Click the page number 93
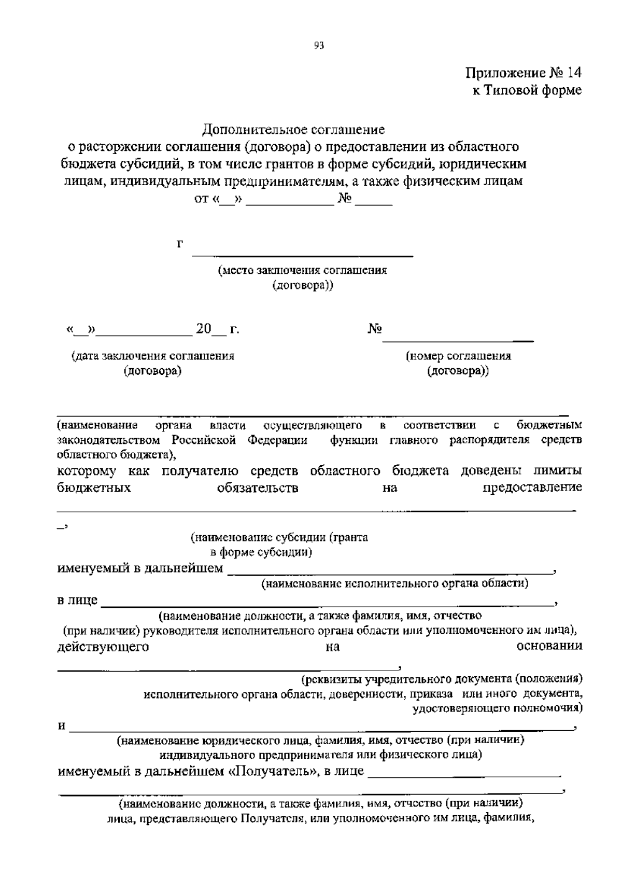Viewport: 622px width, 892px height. click(x=319, y=46)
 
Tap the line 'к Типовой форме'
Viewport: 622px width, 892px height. click(x=526, y=90)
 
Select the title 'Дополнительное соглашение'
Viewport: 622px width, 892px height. click(x=293, y=129)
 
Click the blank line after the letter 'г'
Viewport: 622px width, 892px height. click(x=302, y=254)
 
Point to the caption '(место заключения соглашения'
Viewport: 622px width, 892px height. click(x=302, y=270)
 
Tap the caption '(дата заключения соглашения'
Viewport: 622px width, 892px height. click(x=152, y=356)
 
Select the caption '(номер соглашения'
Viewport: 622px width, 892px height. click(x=458, y=356)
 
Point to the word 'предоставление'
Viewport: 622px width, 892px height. click(x=532, y=487)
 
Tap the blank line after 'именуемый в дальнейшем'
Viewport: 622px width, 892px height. click(x=390, y=572)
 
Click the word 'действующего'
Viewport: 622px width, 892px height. click(x=103, y=647)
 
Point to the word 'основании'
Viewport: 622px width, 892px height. click(x=549, y=646)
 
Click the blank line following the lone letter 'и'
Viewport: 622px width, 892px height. click(x=321, y=729)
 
